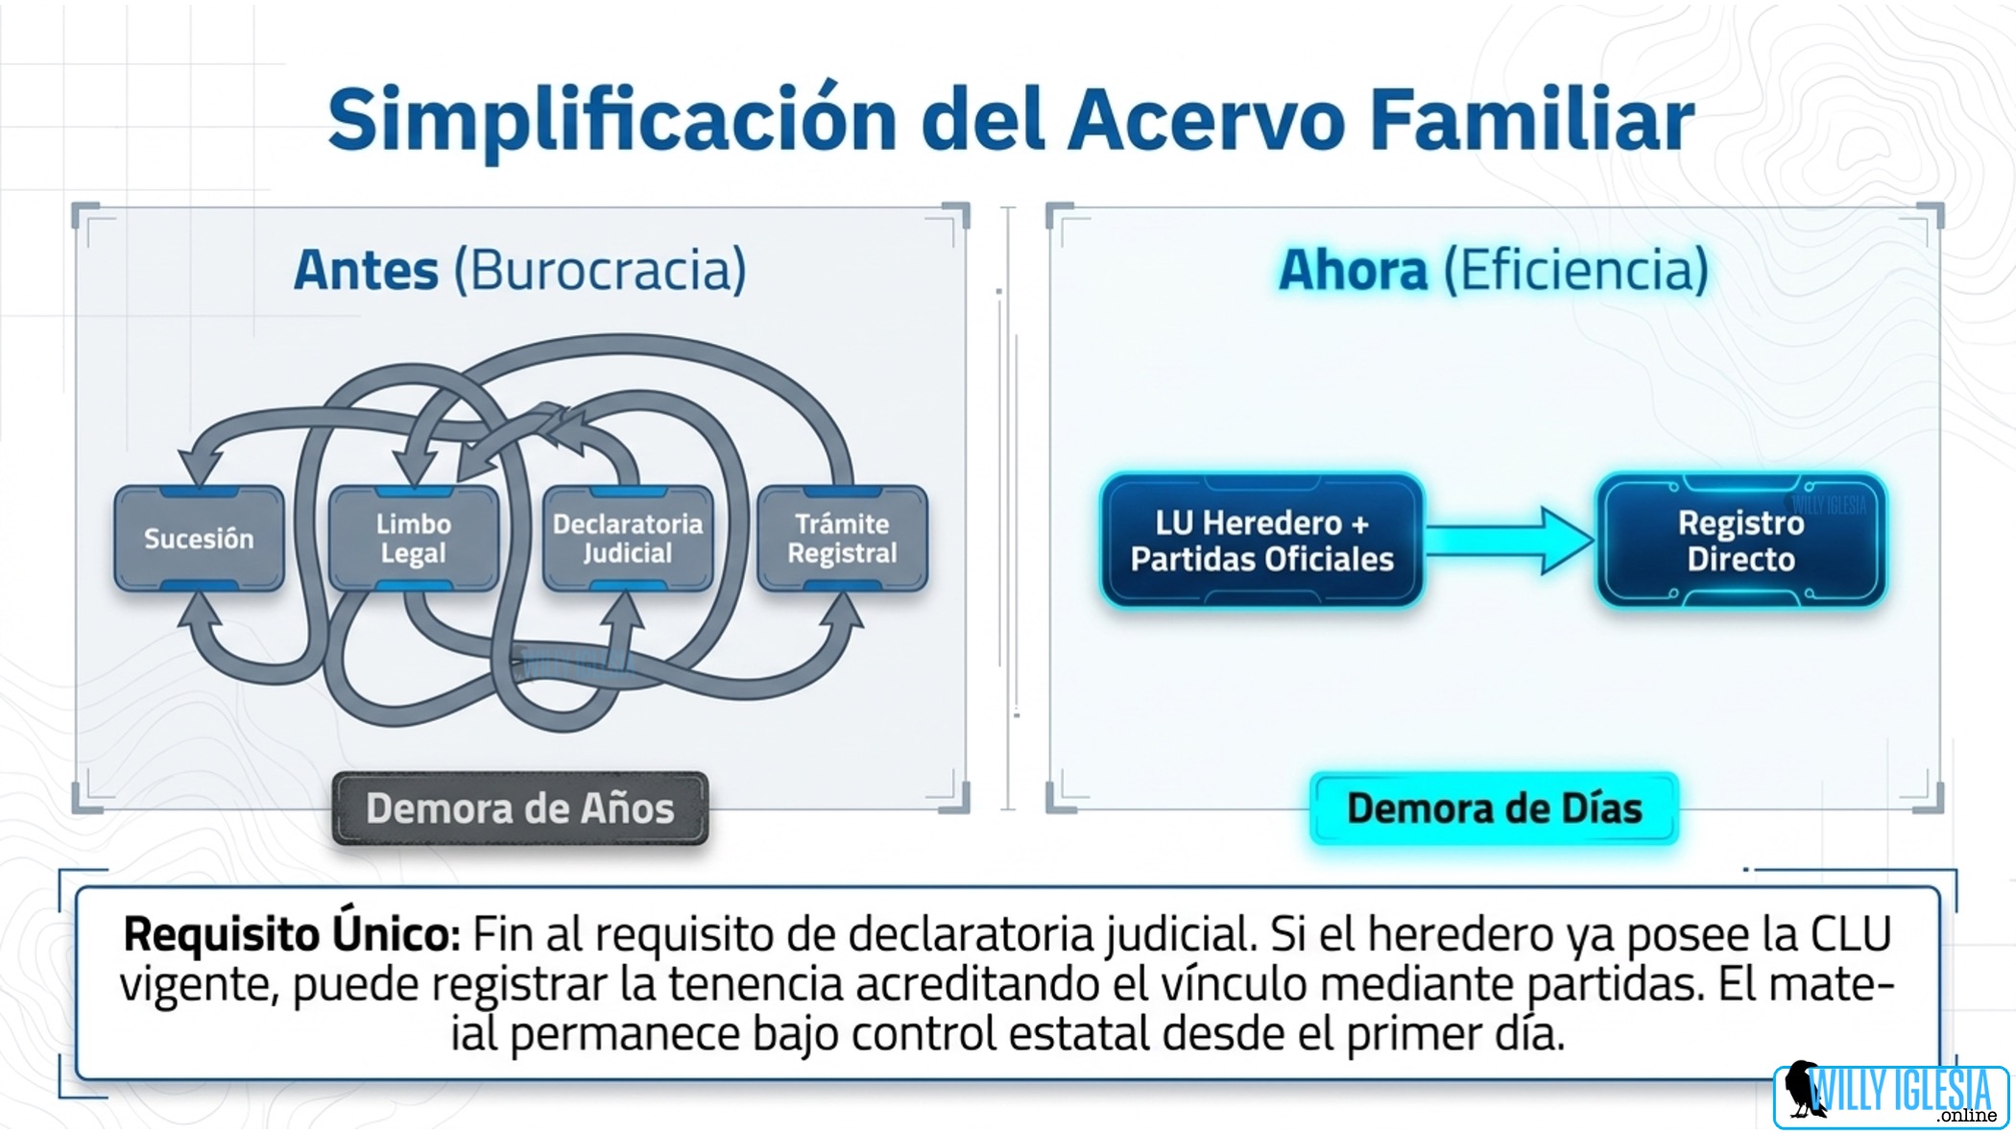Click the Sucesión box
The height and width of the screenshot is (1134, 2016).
tap(199, 538)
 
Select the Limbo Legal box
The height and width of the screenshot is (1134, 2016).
tap(414, 538)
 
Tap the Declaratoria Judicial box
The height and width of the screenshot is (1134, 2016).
tap(628, 538)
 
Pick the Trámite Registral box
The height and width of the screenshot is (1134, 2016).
tap(842, 538)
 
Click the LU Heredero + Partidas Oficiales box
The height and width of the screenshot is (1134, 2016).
tap(1261, 541)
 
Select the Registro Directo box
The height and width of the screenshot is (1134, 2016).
tap(1740, 541)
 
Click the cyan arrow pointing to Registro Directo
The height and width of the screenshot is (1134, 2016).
tap(1509, 541)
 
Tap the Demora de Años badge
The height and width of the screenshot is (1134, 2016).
tap(520, 808)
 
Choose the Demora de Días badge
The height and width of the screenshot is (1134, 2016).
tap(1494, 808)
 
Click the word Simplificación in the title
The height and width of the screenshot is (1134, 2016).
tap(612, 121)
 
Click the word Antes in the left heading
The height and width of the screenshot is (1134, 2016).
tap(366, 270)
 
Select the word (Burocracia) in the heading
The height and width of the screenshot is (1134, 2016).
tap(600, 271)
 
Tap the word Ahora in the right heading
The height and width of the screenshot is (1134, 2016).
tap(1353, 270)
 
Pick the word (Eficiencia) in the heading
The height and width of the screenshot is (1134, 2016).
tap(1576, 270)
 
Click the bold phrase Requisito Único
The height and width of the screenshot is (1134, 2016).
tap(292, 934)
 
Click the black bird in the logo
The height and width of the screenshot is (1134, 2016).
tap(1803, 1089)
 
